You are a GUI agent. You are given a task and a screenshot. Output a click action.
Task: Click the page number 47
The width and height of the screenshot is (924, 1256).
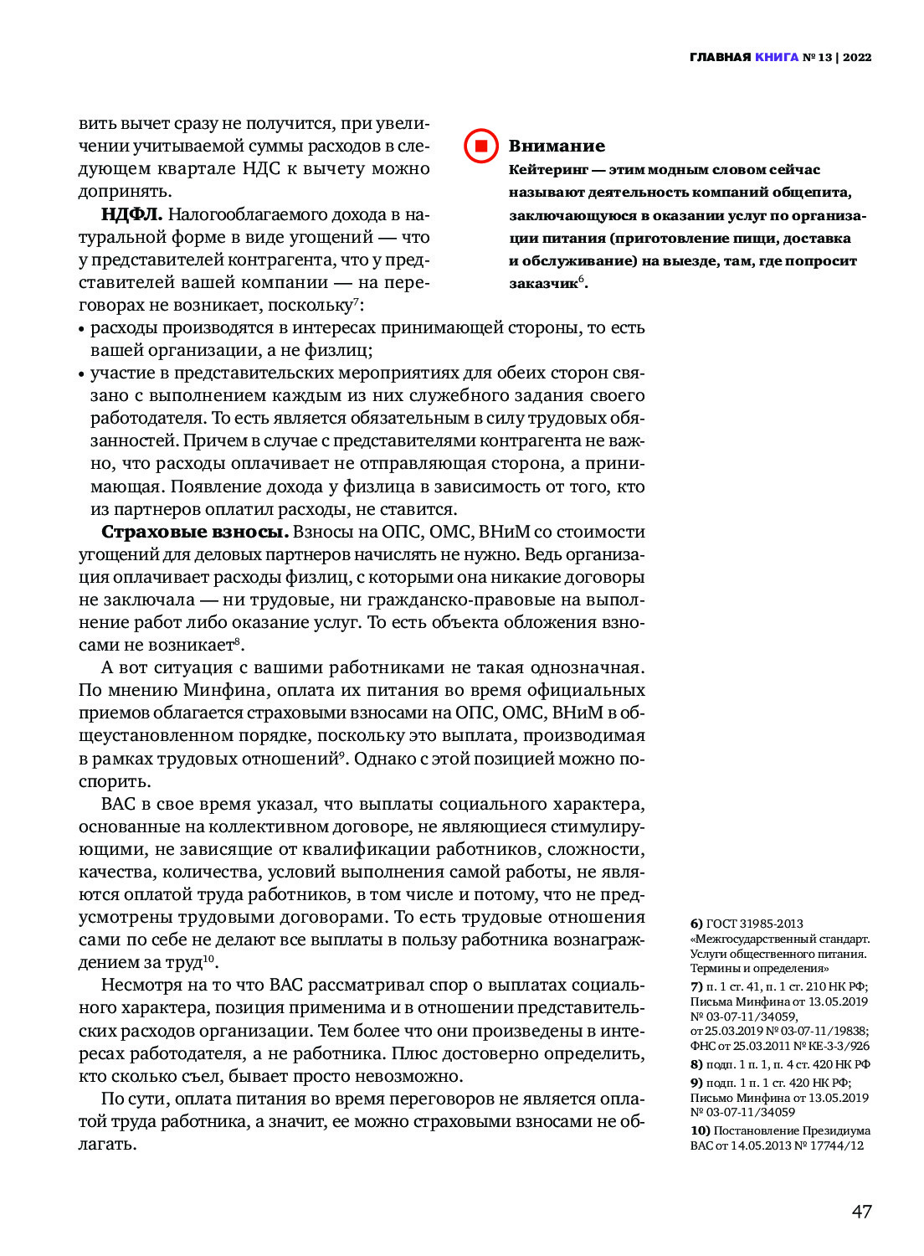[861, 1211]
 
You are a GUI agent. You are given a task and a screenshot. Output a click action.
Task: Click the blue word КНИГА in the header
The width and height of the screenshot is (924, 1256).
[776, 57]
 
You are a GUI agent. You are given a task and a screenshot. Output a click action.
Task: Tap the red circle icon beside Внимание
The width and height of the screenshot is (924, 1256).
[481, 146]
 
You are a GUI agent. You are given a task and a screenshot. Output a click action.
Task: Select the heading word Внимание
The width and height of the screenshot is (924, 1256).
[557, 146]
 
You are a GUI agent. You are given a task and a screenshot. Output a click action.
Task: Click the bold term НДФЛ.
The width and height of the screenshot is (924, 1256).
[131, 214]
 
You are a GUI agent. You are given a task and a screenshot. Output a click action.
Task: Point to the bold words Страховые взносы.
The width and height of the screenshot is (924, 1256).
[195, 532]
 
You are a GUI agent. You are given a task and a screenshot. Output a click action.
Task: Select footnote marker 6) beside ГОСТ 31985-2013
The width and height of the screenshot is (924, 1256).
[696, 924]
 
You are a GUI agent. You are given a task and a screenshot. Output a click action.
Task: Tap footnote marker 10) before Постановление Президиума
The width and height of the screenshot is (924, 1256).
[700, 1130]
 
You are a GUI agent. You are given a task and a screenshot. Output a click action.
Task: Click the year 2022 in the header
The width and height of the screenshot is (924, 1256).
[857, 57]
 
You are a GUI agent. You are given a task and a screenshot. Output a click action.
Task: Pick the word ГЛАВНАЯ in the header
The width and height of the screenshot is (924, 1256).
[720, 57]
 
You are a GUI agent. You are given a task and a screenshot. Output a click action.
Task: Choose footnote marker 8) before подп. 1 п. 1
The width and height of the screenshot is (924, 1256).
[696, 1064]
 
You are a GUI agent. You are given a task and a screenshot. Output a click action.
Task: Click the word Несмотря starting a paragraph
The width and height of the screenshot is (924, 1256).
[141, 985]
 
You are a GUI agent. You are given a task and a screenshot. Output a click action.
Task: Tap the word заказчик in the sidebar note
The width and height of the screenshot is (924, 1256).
[543, 284]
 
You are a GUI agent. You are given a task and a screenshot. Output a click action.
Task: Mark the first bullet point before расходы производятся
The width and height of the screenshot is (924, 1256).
[82, 329]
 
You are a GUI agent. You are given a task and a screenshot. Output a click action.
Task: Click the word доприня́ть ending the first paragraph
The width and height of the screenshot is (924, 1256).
[124, 191]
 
